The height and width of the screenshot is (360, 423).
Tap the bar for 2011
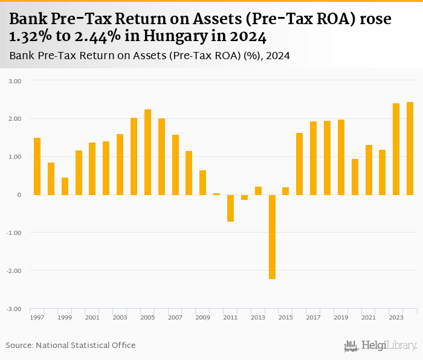[x=230, y=208]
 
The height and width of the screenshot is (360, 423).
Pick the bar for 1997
[x=37, y=166]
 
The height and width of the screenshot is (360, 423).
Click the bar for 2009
[x=203, y=182]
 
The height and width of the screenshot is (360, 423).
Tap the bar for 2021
[x=369, y=170]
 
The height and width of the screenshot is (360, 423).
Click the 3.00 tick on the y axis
[x=14, y=81]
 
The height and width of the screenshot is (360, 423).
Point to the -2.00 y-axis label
[x=13, y=271]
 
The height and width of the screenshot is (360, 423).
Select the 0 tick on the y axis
[x=19, y=195]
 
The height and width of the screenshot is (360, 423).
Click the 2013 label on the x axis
[x=258, y=318]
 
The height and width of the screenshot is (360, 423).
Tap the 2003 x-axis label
[x=120, y=318]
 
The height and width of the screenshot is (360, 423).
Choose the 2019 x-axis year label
[x=341, y=318]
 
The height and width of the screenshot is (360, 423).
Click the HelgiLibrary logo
[x=380, y=346]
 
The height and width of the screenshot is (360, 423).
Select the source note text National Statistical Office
[x=85, y=346]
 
